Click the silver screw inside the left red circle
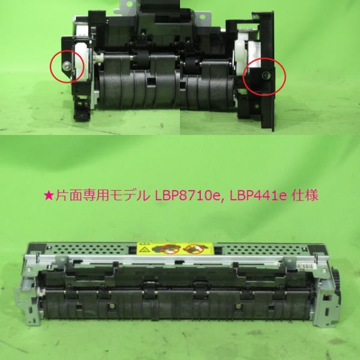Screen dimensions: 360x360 [x=66, y=65]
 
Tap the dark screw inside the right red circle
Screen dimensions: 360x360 [x=266, y=75]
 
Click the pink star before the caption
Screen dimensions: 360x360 [x=49, y=196]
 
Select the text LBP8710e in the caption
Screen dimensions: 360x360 [x=187, y=196]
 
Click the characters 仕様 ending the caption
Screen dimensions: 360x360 [x=305, y=196]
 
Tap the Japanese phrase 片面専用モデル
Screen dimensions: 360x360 [x=103, y=196]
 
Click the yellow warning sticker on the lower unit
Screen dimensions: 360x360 [x=175, y=248]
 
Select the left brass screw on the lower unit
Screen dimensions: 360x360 [x=112, y=305]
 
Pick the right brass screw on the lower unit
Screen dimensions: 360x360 [x=238, y=305]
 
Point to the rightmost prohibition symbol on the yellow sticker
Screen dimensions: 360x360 [x=194, y=249]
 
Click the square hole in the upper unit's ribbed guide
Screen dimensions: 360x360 [x=151, y=82]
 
